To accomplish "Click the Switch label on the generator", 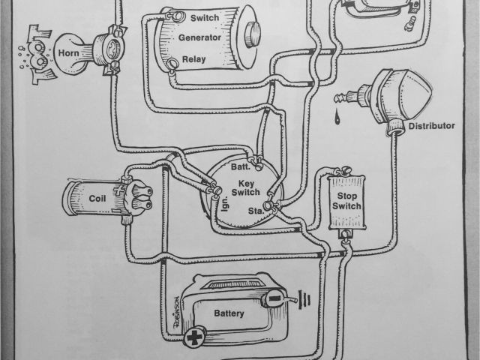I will coord(204,16).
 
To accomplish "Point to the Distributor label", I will coord(433,125).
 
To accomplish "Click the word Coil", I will coord(97,199).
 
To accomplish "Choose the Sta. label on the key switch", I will coord(256,212).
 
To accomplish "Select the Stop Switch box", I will coord(346,201).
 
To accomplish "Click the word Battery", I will coord(229,313).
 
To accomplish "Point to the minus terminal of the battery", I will coord(274,299).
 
